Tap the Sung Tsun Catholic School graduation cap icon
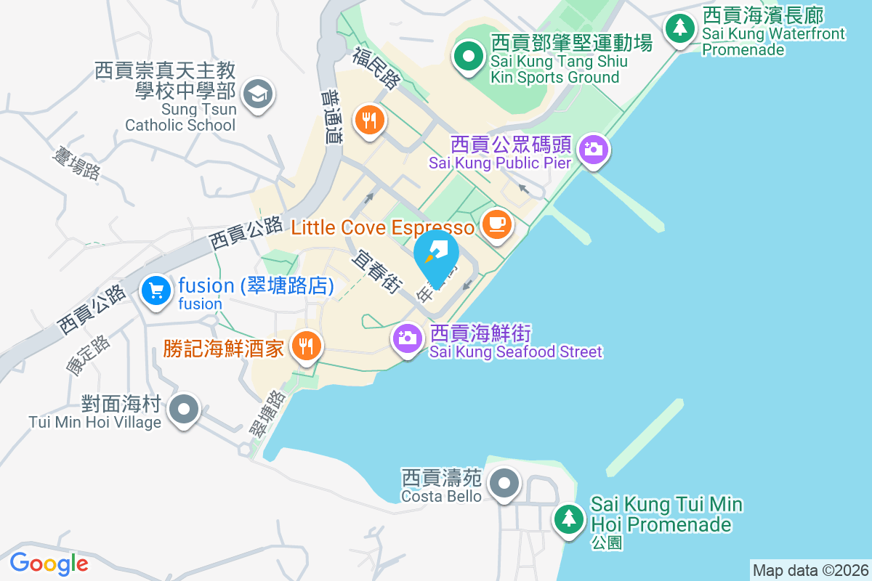[x=257, y=94]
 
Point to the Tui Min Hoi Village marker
[x=184, y=409]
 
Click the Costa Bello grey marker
[x=503, y=483]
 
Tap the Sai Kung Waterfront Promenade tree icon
[x=680, y=28]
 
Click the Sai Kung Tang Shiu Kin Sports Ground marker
[x=469, y=56]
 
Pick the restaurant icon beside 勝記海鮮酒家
[x=304, y=346]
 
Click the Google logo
[x=49, y=564]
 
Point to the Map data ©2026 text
[x=810, y=570]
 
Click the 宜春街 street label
[x=376, y=272]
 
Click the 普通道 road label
[x=330, y=117]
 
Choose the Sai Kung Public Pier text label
[x=500, y=163]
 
